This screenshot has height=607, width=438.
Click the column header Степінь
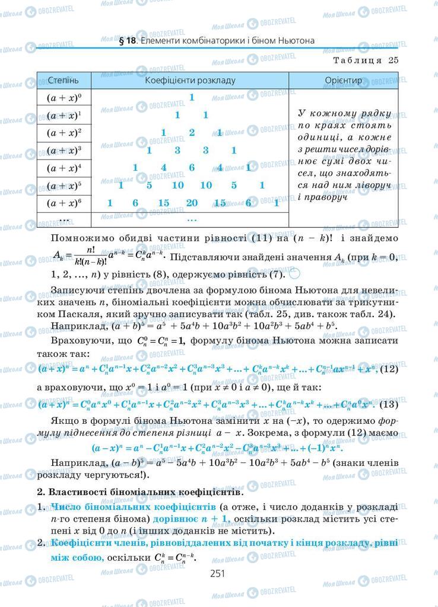[62, 80]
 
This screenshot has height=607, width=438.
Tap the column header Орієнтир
[344, 80]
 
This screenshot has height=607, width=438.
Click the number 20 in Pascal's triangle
[192, 203]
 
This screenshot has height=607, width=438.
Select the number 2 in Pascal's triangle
[192, 133]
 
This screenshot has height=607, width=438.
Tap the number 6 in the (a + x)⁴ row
[192, 168]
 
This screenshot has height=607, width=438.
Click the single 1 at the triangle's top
[192, 97]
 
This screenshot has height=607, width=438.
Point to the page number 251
[219, 573]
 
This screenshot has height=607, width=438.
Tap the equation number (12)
[388, 369]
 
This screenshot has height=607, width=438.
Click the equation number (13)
[388, 405]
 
